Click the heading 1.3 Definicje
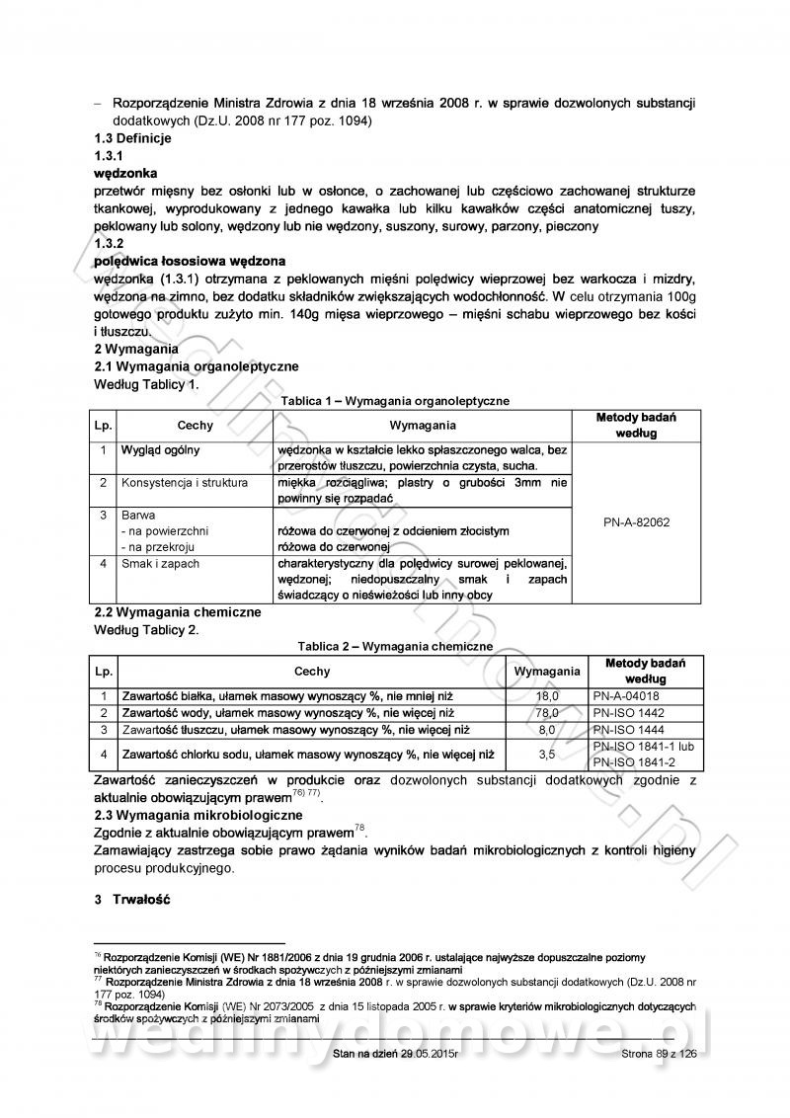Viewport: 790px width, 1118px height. tap(132, 138)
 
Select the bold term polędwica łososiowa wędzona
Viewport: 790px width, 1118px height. tap(190, 261)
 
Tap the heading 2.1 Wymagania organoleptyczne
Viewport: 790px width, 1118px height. tap(196, 366)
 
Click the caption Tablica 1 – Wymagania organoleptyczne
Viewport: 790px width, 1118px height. tap(395, 401)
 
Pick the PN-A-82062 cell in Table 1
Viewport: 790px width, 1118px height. tap(636, 521)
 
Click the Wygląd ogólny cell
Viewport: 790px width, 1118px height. tap(160, 450)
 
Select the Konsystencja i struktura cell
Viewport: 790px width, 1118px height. tap(185, 483)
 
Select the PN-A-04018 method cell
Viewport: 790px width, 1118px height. tap(626, 695)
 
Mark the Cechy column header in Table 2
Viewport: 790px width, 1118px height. tap(312, 671)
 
